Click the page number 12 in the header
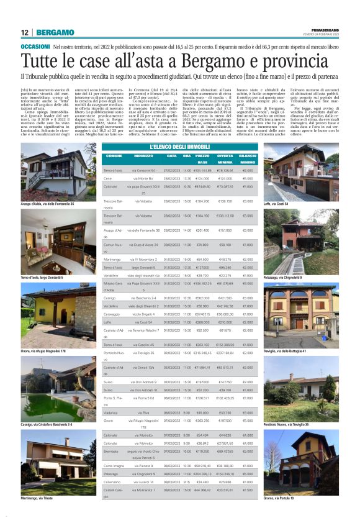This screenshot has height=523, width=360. (x=24, y=32)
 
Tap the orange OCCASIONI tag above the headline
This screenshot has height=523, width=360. (x=35, y=47)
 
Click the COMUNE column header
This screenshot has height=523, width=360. (x=114, y=155)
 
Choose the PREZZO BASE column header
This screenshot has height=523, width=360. (x=202, y=158)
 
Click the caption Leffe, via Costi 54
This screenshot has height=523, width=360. (x=277, y=204)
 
